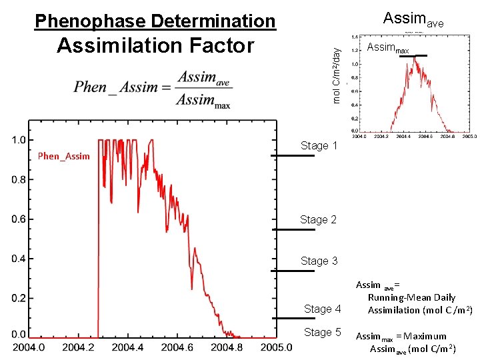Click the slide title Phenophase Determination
point(155,21)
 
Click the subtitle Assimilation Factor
point(155,46)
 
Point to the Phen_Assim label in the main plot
point(63,156)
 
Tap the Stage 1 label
point(319,145)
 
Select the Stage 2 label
point(318,219)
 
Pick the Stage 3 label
point(319,261)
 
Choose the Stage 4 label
point(322,309)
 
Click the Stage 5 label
point(322,332)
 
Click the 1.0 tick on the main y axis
point(19,140)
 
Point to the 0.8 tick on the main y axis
point(19,179)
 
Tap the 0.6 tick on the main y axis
point(19,219)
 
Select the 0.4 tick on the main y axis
point(19,258)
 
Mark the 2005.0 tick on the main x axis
point(275,347)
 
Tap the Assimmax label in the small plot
point(388,48)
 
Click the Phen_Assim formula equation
point(153,88)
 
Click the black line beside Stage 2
point(293,229)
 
